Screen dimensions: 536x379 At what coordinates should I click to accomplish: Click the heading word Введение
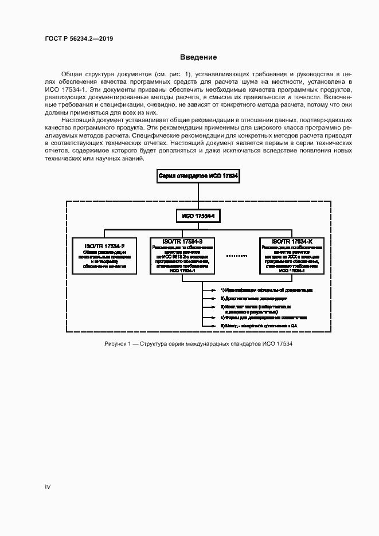click(198, 57)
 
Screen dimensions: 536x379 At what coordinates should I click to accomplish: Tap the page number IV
click(48, 487)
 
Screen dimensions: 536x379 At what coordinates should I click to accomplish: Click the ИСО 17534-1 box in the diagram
click(198, 216)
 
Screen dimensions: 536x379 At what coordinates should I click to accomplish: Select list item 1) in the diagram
click(267, 291)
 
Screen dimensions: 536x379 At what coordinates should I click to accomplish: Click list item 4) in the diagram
click(264, 317)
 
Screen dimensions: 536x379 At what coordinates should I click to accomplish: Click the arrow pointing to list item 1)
click(213, 291)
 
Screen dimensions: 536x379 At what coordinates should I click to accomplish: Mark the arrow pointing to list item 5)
click(213, 326)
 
